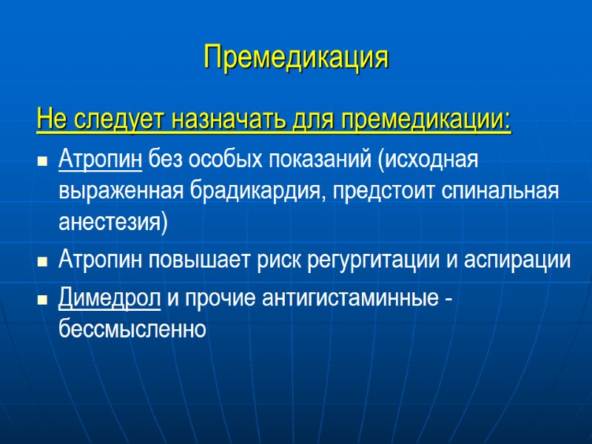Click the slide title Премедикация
pyautogui.click(x=296, y=57)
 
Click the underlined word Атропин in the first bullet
pyautogui.click(x=101, y=159)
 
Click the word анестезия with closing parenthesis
pyautogui.click(x=113, y=223)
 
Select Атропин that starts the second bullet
pyautogui.click(x=101, y=260)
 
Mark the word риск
pyautogui.click(x=280, y=260)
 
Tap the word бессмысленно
pyautogui.click(x=132, y=329)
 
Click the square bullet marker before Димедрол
pyautogui.click(x=42, y=300)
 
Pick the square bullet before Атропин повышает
pyautogui.click(x=42, y=262)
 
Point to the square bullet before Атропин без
pyautogui.click(x=42, y=161)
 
